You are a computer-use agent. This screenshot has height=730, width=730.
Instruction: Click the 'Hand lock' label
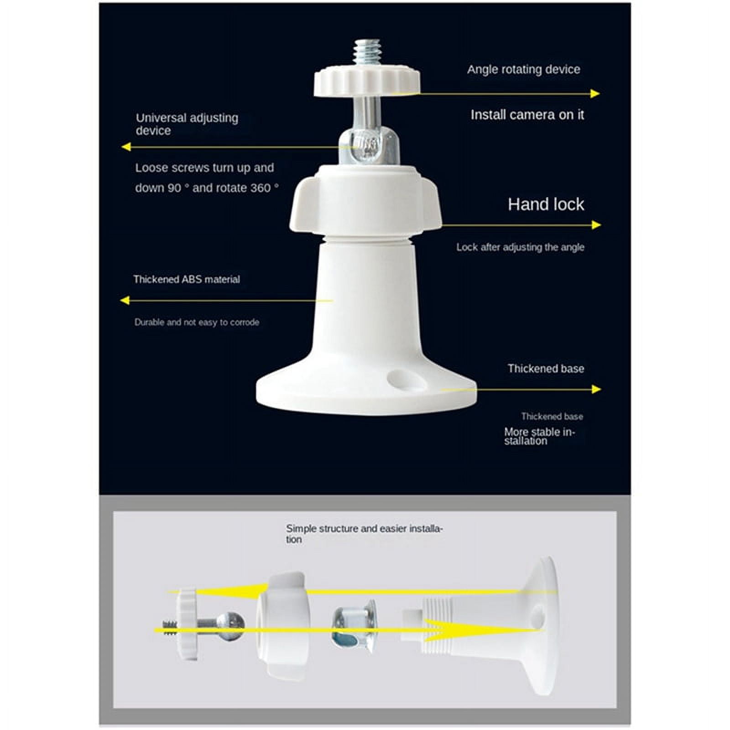pos(546,204)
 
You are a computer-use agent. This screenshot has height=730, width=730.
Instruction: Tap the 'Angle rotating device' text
pos(524,69)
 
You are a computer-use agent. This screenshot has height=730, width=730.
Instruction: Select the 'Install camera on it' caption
pos(527,115)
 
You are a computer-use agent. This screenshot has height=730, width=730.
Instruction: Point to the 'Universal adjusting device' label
pos(187,124)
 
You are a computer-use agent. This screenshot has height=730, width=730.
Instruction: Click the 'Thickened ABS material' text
pos(187,279)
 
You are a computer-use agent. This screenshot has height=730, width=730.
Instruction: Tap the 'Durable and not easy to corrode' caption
pos(197,322)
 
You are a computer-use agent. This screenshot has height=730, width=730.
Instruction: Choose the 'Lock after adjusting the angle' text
pos(520,247)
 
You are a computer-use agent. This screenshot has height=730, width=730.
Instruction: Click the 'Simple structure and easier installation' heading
pos(364,534)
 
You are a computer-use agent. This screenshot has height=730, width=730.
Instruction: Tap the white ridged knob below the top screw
pos(367,82)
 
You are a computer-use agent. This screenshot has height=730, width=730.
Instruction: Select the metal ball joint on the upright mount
pos(369,146)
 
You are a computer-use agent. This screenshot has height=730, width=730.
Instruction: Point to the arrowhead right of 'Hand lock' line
pos(596,224)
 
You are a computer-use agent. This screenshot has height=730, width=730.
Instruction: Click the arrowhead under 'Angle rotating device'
pos(594,94)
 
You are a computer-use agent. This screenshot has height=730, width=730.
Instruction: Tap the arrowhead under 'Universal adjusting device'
pos(126,146)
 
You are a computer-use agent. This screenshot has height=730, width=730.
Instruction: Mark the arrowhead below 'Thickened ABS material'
pos(125,300)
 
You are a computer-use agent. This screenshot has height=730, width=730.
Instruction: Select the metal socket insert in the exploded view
pos(354,626)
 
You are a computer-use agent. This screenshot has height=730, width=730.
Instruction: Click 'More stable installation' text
pos(539,436)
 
